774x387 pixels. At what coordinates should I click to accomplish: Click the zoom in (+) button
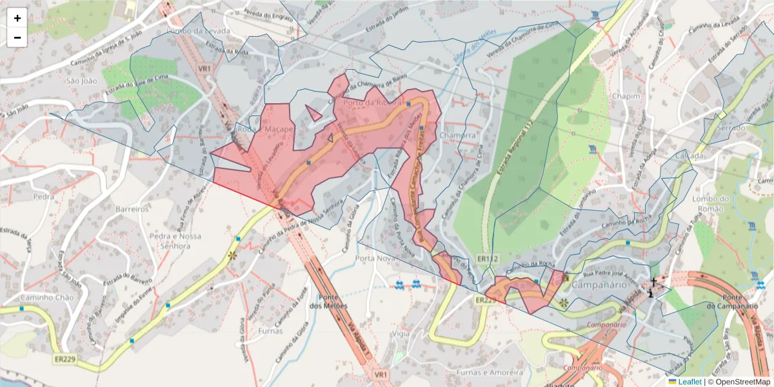(17, 18)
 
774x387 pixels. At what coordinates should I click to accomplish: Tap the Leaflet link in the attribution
(690, 382)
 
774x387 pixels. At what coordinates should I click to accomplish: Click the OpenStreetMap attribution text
(742, 382)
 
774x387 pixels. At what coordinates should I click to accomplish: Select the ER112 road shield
(488, 259)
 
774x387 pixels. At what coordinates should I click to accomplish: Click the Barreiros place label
(132, 209)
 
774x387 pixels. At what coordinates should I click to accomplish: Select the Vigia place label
(400, 333)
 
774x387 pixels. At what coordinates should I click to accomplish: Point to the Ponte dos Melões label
(328, 301)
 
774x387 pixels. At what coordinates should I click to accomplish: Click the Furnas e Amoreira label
(488, 372)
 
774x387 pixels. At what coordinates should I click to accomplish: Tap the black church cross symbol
(653, 282)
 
